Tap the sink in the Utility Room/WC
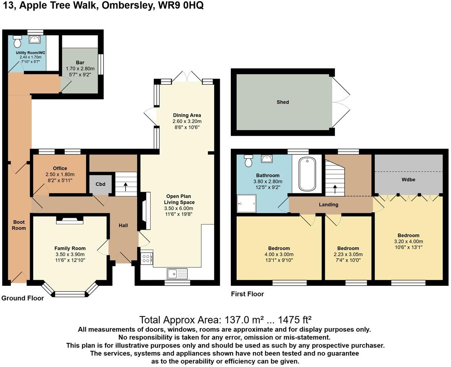pyautogui.click(x=36, y=39)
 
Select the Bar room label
pyautogui.click(x=80, y=62)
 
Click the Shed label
pyautogui.click(x=283, y=102)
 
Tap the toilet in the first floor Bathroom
pyautogui.click(x=248, y=161)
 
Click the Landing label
pyautogui.click(x=328, y=205)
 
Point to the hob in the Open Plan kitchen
pyautogui.click(x=146, y=258)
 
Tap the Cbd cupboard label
pyautogui.click(x=100, y=184)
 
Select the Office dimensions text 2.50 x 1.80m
pyautogui.click(x=60, y=174)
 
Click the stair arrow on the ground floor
pyautogui.click(x=125, y=185)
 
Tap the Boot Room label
pyautogui.click(x=19, y=225)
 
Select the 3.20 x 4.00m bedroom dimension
pyautogui.click(x=409, y=241)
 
